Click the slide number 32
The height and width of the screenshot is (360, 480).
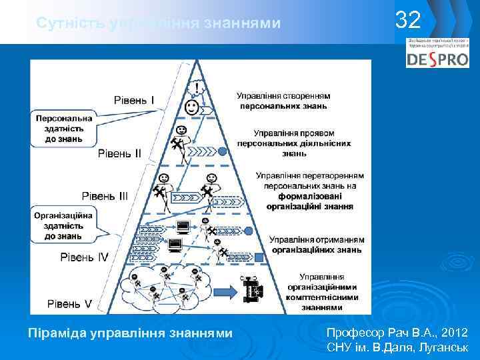[x=408, y=21]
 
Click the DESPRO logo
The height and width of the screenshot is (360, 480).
[x=437, y=59]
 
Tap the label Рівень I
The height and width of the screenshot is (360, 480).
[x=134, y=101]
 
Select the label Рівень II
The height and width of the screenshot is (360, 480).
[x=120, y=153]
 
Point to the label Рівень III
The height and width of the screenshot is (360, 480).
[x=105, y=196]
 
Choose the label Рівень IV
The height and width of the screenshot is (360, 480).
[x=84, y=257]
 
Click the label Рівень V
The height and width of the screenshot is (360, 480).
[x=69, y=303]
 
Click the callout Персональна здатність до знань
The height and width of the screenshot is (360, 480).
[x=64, y=128]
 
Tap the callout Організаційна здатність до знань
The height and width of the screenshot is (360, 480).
[x=64, y=224]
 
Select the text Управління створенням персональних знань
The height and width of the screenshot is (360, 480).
[x=283, y=100]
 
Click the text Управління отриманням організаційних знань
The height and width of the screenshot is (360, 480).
[x=316, y=244]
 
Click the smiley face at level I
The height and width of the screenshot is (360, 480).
[x=191, y=106]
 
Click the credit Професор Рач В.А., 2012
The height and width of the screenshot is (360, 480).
[x=397, y=332]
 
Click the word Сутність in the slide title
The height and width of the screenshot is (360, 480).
[x=64, y=23]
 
